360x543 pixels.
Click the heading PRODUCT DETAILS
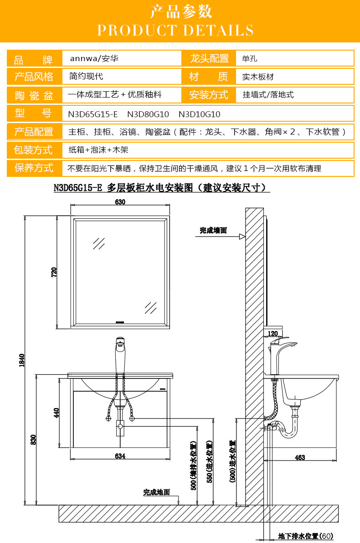[x=175, y=30]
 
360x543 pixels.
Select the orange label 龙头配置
[x=209, y=58]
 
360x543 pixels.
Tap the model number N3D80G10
[x=148, y=114]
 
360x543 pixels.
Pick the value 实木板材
[x=258, y=77]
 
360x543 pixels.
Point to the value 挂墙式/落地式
[x=268, y=95]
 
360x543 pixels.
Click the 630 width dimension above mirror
[x=120, y=202]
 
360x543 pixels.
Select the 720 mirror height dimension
[x=54, y=273]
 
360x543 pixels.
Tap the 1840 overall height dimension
[x=21, y=360]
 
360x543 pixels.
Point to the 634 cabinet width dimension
[x=120, y=455]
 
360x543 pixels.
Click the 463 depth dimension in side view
[x=300, y=458]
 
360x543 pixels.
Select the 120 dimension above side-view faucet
[x=273, y=334]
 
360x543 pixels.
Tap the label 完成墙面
[x=213, y=231]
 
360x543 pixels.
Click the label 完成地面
[x=156, y=492]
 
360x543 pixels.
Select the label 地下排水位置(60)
[x=306, y=536]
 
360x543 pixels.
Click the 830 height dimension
[x=33, y=440]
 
